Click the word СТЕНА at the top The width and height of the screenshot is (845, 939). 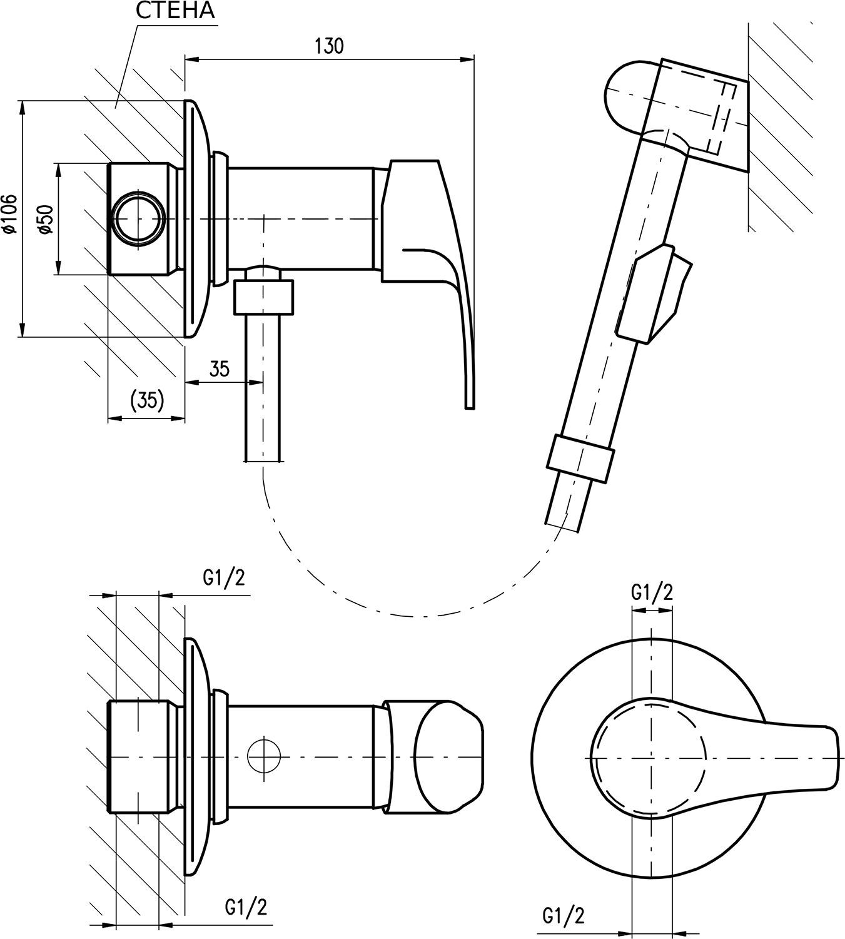pyautogui.click(x=175, y=11)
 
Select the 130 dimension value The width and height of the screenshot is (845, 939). pyautogui.click(x=329, y=46)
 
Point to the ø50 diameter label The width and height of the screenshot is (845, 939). pyautogui.click(x=45, y=218)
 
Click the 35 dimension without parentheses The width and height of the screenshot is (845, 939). pyautogui.click(x=219, y=368)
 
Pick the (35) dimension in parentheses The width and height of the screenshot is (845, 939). pyautogui.click(x=147, y=399)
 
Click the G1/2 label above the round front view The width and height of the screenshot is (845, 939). pyautogui.click(x=652, y=592)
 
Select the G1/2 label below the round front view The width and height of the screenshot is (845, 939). pyautogui.click(x=564, y=916)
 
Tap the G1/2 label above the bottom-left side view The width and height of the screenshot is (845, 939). pyautogui.click(x=224, y=577)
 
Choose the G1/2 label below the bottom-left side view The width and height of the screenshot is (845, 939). pyautogui.click(x=246, y=906)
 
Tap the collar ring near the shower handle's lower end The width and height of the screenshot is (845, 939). pyautogui.click(x=579, y=458)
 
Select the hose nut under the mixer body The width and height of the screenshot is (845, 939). pyautogui.click(x=263, y=297)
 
